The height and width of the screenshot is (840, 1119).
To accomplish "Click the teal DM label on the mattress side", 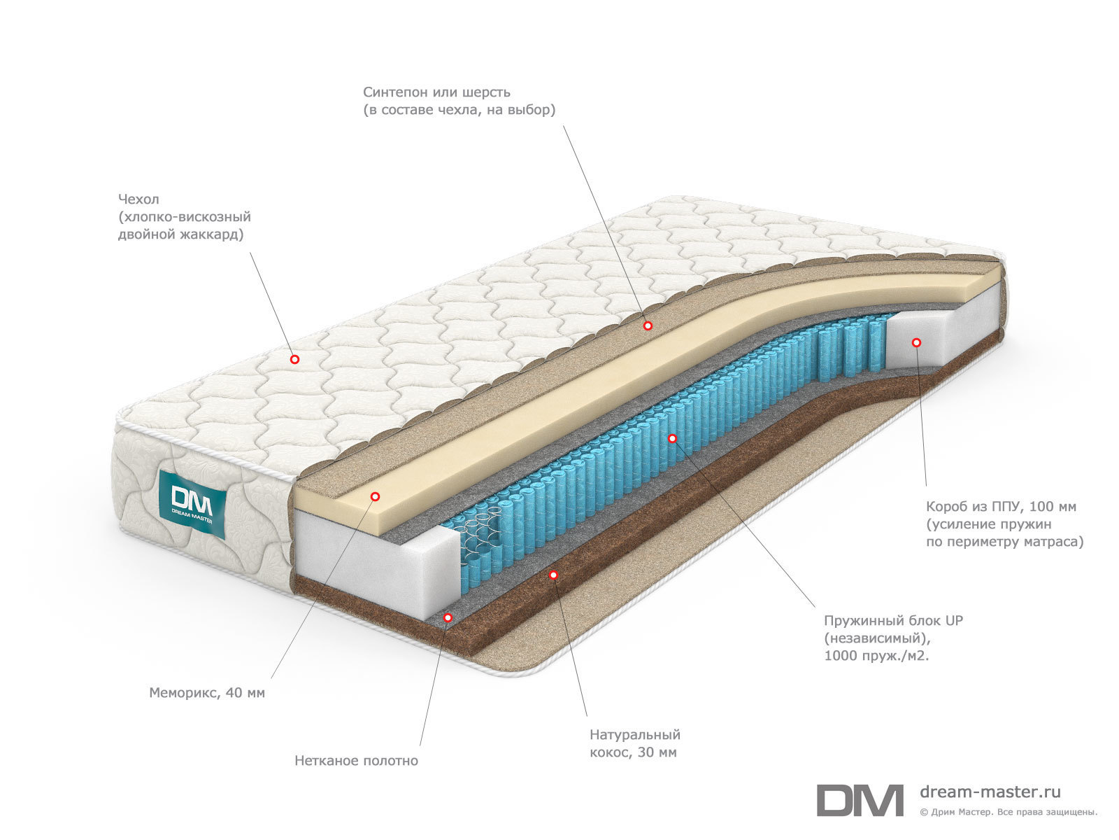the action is click(x=192, y=503).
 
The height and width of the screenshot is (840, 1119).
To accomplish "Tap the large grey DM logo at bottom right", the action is click(x=860, y=800).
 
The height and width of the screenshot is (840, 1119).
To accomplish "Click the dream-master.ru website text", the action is click(x=990, y=792).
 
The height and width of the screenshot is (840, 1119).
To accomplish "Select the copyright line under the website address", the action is click(x=1008, y=812).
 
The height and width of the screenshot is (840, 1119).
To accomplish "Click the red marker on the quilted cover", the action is click(x=294, y=360).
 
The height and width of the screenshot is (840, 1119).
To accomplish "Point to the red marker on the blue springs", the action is click(x=672, y=438).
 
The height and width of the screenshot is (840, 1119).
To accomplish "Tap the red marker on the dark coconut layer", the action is click(x=553, y=575).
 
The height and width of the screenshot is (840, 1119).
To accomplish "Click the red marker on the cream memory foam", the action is click(x=375, y=496).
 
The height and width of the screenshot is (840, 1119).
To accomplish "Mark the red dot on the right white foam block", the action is click(x=917, y=343).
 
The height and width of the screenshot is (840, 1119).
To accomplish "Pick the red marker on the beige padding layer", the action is click(x=648, y=325).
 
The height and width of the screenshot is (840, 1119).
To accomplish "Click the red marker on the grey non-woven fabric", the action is click(x=448, y=617).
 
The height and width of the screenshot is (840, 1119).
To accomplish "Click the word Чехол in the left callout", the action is click(x=138, y=199).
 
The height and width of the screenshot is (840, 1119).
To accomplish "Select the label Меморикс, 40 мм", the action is click(x=207, y=692).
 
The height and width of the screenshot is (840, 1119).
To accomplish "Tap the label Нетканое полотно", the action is click(x=357, y=760).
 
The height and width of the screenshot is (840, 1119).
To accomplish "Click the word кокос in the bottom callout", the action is click(x=608, y=752).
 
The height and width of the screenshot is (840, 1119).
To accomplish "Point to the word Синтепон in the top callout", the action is click(x=396, y=92).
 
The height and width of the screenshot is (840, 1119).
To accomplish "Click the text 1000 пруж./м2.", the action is click(x=876, y=655).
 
